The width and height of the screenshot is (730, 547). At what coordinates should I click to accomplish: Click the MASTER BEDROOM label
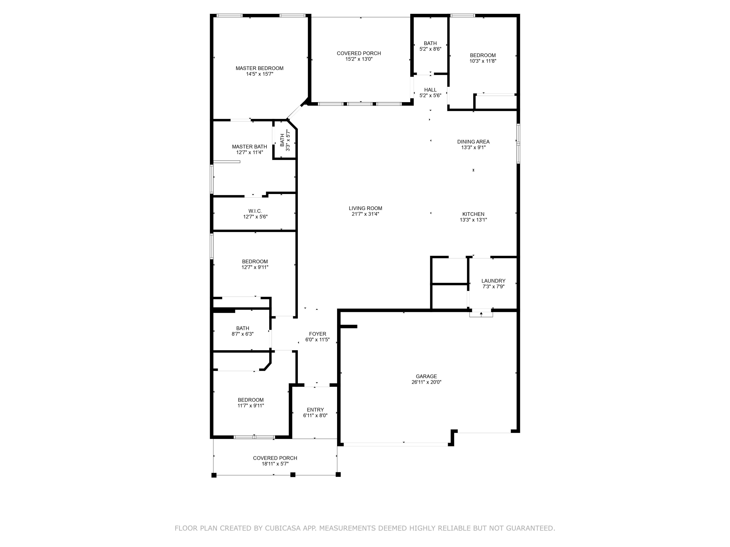(x=259, y=68)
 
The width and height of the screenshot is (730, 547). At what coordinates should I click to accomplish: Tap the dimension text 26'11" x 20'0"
(x=426, y=382)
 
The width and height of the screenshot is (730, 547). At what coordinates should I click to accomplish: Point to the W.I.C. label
(x=255, y=211)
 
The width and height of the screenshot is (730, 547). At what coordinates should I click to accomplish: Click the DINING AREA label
(x=473, y=142)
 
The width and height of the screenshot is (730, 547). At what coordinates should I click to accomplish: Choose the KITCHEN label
(x=473, y=214)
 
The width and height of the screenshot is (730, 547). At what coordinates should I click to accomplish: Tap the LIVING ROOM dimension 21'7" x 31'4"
(x=365, y=214)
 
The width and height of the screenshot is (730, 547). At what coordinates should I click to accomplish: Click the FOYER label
(x=318, y=334)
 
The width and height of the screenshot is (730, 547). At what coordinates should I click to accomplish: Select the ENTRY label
(x=315, y=410)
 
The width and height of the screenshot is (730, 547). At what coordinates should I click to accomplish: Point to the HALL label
(x=430, y=90)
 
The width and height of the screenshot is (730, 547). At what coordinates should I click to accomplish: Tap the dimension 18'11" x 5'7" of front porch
(x=275, y=464)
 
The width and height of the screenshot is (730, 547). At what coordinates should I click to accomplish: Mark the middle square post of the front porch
(x=293, y=475)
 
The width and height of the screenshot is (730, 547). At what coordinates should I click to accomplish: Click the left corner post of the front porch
(x=214, y=475)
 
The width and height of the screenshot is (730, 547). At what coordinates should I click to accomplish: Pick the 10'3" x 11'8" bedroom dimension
(x=483, y=61)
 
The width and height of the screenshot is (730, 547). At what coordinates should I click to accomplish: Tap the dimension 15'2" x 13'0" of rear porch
(x=359, y=59)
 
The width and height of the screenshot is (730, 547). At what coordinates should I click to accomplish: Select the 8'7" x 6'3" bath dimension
(x=243, y=334)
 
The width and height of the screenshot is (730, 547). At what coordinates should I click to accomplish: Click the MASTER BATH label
(x=249, y=147)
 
